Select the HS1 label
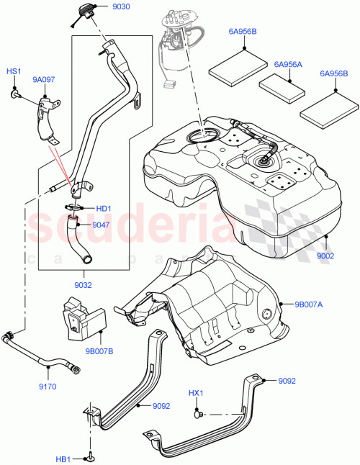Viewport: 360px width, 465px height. coord(14,72)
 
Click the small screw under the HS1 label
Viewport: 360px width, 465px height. coord(15,93)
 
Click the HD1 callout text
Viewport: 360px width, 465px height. coord(104,209)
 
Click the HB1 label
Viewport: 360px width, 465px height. coord(63,459)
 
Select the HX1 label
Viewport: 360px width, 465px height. coord(196,393)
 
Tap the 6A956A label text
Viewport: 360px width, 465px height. coord(288,64)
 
